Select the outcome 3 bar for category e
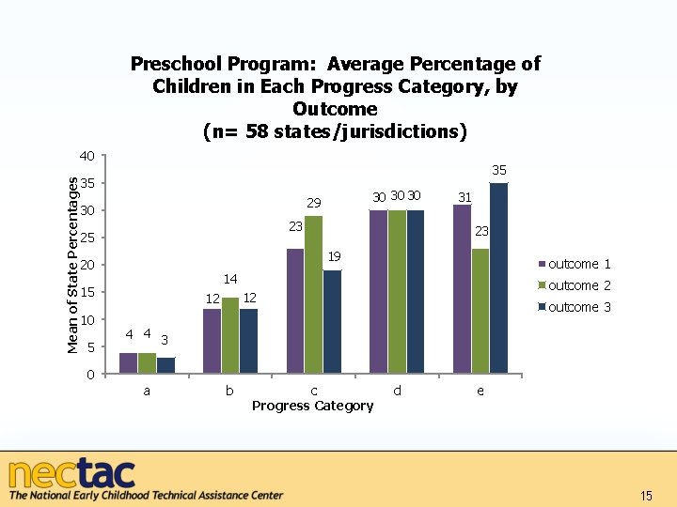click(498, 279)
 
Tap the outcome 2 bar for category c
click(313, 296)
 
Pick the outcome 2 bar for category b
click(230, 336)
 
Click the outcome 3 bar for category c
click(332, 323)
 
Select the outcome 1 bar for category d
click(378, 293)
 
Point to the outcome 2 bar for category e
click(480, 312)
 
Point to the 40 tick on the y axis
click(87, 155)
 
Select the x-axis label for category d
click(397, 391)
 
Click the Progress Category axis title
click(313, 406)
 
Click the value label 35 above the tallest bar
click(499, 171)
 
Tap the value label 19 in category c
click(333, 257)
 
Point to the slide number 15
click(645, 496)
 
